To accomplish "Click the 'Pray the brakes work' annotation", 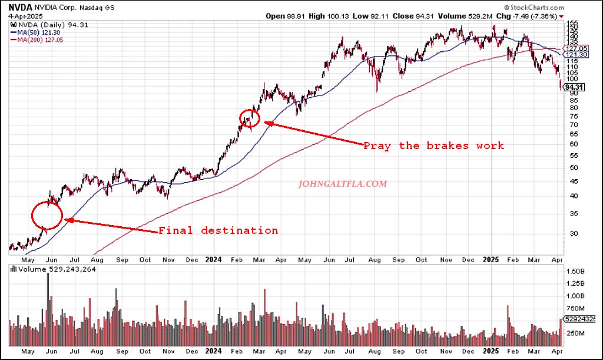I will (433, 146).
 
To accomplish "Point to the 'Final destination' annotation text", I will (218, 230).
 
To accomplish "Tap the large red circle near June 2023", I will (47, 215).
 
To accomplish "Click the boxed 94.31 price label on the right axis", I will (573, 87).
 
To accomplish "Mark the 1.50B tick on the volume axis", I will (575, 271).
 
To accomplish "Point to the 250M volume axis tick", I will (575, 333).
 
